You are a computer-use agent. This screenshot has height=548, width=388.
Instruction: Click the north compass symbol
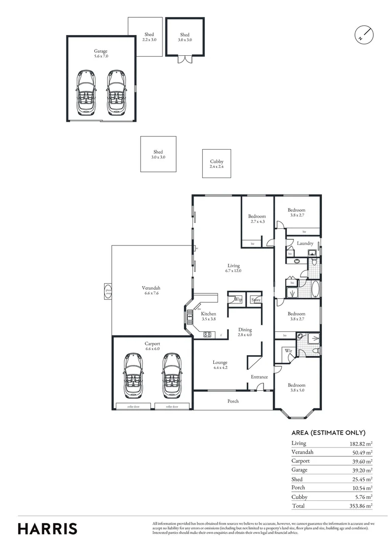pos(363,35)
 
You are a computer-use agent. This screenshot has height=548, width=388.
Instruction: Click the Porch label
pos(233,401)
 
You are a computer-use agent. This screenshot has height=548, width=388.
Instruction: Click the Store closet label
pos(256,300)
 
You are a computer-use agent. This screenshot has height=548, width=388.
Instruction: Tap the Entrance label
pos(259,376)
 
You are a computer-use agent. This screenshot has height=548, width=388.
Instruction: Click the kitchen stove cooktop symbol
pos(207,334)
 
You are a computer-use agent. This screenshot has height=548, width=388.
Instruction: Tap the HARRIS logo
pos(48,528)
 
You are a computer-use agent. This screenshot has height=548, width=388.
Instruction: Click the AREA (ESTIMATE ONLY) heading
pos(329,433)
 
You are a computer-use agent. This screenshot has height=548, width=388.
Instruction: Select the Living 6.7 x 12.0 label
pos(234,268)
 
